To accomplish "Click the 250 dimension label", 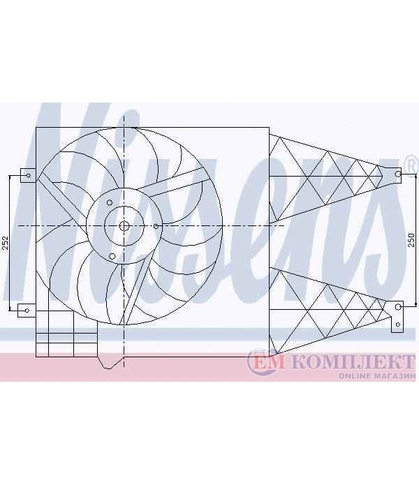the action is [411, 240].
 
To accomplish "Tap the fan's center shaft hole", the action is [124, 226].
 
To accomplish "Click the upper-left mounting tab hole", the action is [29, 175].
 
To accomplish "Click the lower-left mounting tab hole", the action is [27, 311].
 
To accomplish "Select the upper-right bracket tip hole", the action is [397, 174].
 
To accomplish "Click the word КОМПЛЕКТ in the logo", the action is [353, 362].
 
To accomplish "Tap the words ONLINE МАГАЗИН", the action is [376, 376].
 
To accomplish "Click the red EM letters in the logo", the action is [268, 363].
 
